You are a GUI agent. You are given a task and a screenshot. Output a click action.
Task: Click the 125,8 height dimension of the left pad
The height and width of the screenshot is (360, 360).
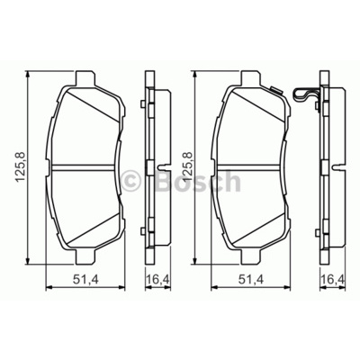21,167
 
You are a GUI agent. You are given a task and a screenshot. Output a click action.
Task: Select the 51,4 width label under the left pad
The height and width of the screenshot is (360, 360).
85,280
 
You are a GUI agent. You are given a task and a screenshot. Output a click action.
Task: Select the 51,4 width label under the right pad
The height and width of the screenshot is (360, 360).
251,280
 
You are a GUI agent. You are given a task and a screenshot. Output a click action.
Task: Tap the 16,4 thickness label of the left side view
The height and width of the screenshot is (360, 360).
158,280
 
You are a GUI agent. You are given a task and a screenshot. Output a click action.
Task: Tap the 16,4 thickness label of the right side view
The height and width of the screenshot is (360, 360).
333,280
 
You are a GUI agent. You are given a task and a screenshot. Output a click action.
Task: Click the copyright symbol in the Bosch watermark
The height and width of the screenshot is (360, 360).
131,181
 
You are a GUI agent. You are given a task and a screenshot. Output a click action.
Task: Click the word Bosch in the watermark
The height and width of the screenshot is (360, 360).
198,181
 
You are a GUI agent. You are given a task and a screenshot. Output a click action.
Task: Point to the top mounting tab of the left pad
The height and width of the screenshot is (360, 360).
85,78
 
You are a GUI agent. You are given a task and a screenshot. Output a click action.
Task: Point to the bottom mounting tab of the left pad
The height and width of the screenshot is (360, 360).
85,257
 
